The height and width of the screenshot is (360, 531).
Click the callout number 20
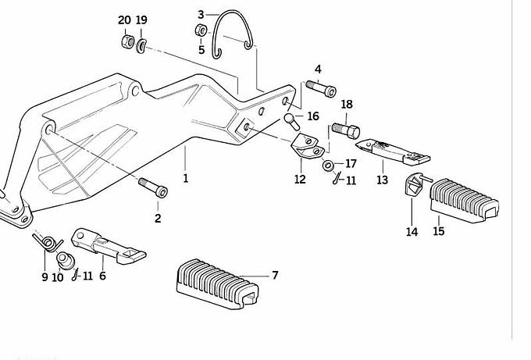(x=125, y=20)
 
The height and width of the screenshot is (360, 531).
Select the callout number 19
(x=141, y=20)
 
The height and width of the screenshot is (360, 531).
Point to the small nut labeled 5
(x=201, y=31)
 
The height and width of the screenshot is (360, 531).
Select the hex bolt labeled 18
(x=345, y=127)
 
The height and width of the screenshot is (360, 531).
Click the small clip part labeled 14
(x=415, y=185)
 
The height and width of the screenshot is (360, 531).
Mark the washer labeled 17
(x=328, y=165)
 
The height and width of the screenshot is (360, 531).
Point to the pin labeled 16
(x=294, y=122)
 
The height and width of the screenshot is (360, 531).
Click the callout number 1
(x=186, y=178)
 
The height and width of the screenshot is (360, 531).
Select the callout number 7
(x=275, y=275)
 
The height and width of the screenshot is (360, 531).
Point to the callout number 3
(x=201, y=14)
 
